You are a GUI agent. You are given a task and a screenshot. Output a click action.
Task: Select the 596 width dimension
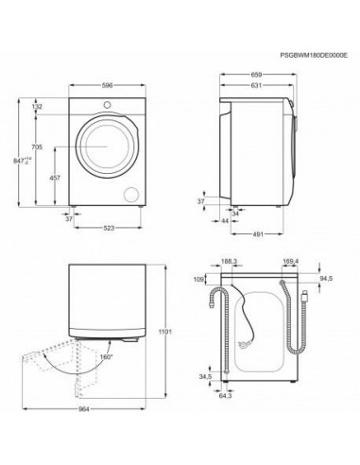point(107,85)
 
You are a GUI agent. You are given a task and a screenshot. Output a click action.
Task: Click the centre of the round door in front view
point(107,147)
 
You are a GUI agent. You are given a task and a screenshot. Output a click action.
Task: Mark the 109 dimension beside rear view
point(197,281)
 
